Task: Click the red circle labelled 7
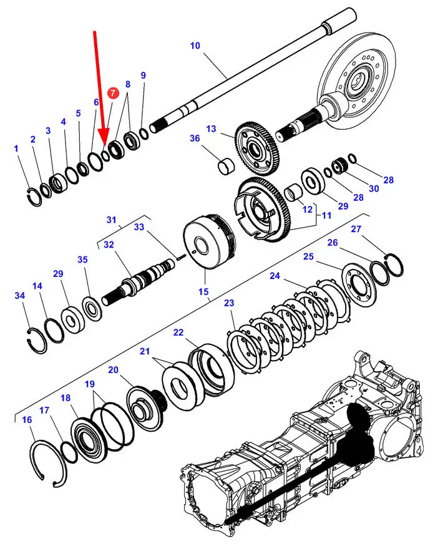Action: click(112, 94)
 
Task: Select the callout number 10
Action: click(195, 46)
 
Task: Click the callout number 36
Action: click(195, 138)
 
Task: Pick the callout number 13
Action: click(211, 129)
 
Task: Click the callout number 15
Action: click(203, 291)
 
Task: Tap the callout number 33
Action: click(139, 226)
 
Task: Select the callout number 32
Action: click(109, 245)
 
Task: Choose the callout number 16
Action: click(27, 420)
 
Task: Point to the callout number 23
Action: click(229, 304)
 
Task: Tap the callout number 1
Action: click(16, 148)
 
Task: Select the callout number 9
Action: click(143, 75)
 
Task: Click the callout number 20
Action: click(113, 370)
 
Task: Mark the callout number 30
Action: click(374, 188)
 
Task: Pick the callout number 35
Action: click(83, 260)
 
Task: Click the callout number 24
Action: click(275, 276)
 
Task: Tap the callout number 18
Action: click(66, 398)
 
